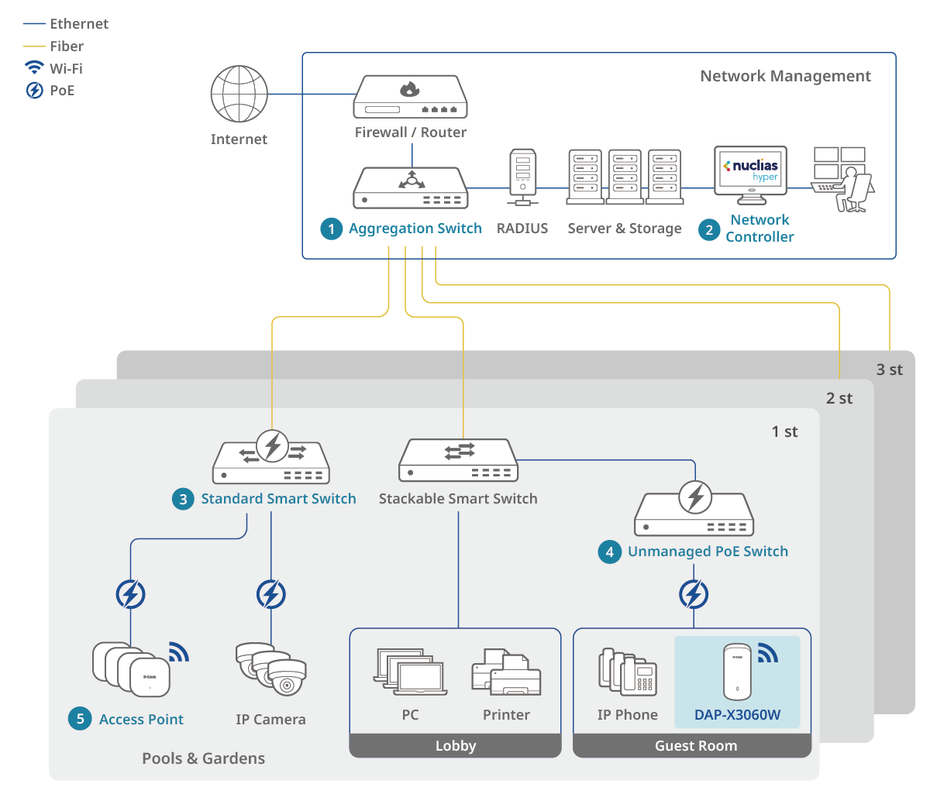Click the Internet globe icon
click(239, 94)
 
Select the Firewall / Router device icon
click(411, 97)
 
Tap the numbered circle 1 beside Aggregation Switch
click(332, 229)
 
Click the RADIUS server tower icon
click(522, 177)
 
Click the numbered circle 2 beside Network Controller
click(709, 229)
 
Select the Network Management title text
click(785, 76)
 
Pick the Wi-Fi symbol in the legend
click(34, 67)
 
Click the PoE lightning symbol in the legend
click(34, 90)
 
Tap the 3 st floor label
click(889, 370)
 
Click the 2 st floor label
click(839, 398)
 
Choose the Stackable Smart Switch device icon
click(458, 461)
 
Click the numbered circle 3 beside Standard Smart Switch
click(183, 499)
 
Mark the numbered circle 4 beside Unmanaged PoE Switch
click(610, 552)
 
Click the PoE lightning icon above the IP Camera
click(271, 595)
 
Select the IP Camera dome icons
click(271, 669)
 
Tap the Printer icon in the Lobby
click(506, 672)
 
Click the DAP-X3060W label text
click(737, 715)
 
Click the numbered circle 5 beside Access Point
click(80, 719)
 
